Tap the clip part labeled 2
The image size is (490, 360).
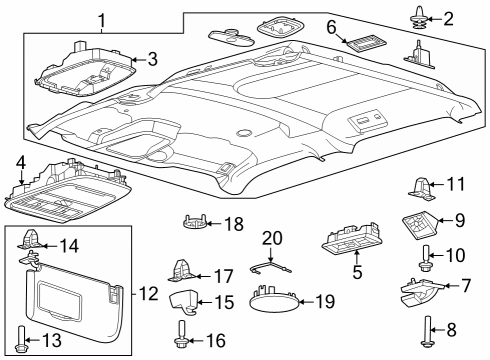point(418,17)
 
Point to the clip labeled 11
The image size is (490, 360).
point(422,186)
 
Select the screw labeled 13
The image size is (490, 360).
point(22,341)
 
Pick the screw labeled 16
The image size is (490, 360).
point(183,338)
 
